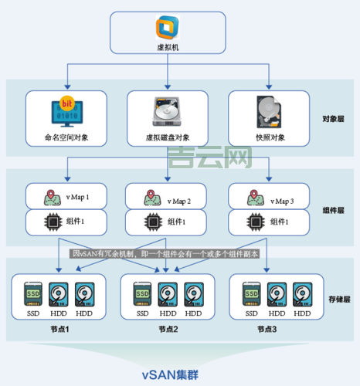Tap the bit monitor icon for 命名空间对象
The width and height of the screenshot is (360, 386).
(x=66, y=111)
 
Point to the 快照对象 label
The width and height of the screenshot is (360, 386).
(x=270, y=137)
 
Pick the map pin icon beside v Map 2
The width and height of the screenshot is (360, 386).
(x=153, y=197)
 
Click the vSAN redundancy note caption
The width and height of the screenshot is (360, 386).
(x=165, y=253)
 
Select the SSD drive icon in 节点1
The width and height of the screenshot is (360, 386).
(x=33, y=293)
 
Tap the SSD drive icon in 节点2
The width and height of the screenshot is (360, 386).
(x=142, y=293)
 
